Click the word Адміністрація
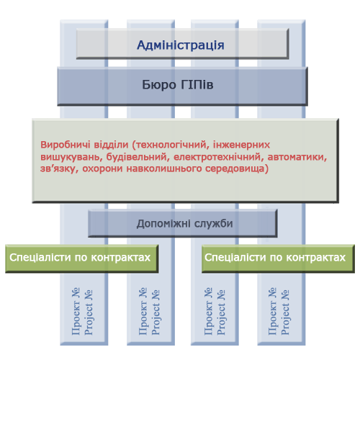click(181, 45)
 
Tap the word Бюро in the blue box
click(155, 84)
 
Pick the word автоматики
click(297, 157)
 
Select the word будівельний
click(138, 157)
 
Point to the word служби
click(213, 224)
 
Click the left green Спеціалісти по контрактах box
click(82, 258)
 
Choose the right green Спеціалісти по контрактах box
click(278, 258)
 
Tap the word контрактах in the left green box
click(121, 258)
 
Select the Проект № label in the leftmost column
click(76, 311)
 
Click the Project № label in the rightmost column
click(285, 312)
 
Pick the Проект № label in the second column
click(143, 311)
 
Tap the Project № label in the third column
click(221, 312)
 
